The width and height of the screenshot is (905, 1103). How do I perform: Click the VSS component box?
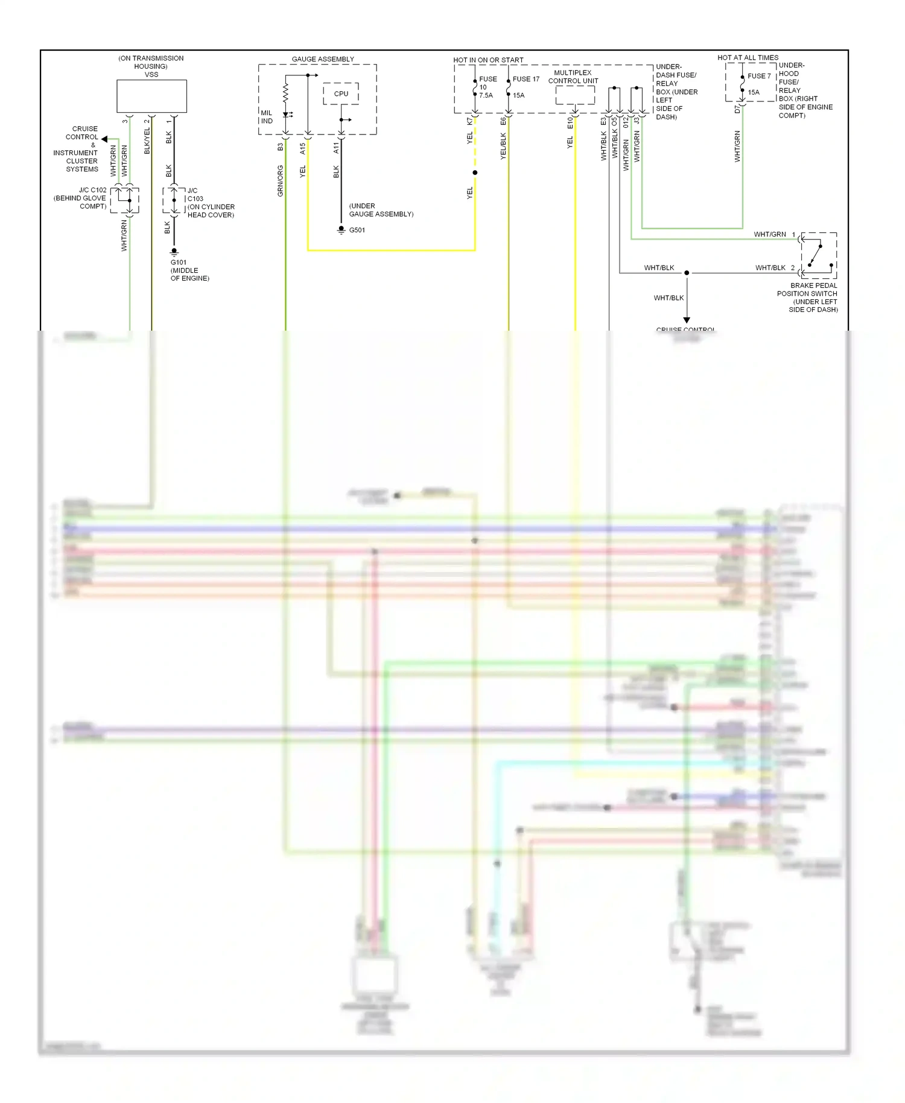151,96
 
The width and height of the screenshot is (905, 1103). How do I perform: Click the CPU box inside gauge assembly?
341,94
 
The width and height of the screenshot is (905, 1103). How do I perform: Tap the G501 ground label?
357,230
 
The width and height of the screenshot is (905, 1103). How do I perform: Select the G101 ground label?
179,262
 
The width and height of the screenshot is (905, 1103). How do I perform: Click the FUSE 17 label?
526,79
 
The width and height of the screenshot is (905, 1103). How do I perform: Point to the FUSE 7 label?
759,76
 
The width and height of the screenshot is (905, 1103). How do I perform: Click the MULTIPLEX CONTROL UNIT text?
573,77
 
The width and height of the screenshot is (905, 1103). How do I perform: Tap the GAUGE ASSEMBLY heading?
323,59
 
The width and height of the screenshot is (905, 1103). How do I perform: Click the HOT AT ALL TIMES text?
748,58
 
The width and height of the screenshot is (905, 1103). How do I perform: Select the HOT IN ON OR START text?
488,60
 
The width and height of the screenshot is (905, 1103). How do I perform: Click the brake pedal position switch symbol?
818,255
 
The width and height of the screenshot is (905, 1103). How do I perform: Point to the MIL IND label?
267,117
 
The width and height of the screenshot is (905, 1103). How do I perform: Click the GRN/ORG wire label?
280,181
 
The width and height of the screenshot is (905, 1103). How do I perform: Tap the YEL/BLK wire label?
503,146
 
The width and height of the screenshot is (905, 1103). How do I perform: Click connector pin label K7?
470,121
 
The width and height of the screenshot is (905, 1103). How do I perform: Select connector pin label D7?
737,110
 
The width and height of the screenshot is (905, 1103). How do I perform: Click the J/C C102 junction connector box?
125,200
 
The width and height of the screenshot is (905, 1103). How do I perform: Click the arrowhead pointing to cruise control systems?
104,139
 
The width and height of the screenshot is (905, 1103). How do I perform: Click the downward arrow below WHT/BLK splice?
687,320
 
